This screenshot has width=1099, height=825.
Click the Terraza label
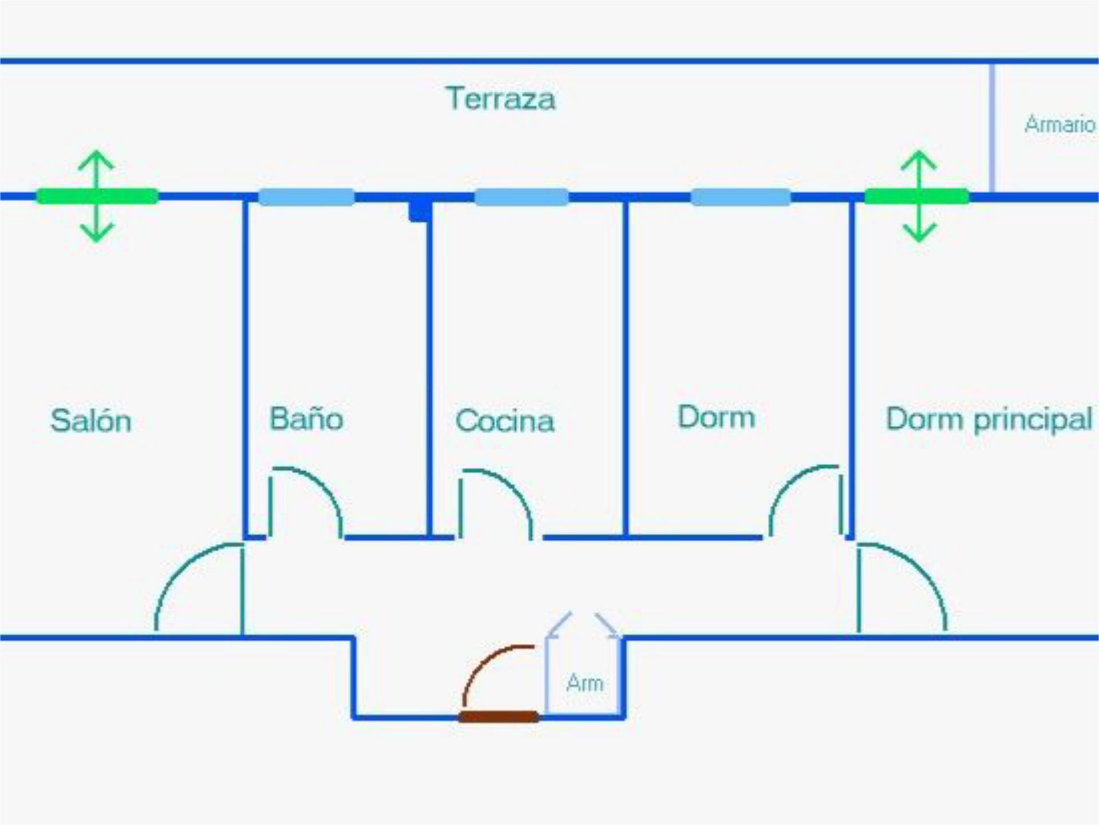point(500,99)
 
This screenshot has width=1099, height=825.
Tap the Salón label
point(91,421)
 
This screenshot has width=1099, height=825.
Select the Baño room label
point(306,419)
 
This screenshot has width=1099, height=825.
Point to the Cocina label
point(505,421)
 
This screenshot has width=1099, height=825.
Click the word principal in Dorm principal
point(1033,420)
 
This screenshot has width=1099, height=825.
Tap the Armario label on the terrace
point(1060,124)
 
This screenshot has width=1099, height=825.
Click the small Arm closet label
point(584,683)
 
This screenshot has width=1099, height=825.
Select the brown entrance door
point(499,717)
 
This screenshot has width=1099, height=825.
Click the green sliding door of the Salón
point(97,196)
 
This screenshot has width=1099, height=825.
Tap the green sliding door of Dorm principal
point(916,196)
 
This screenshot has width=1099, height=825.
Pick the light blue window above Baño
point(306,197)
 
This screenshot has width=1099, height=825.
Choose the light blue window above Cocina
point(521,197)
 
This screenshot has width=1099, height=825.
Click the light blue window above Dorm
point(741,197)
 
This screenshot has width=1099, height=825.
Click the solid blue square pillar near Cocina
point(420,210)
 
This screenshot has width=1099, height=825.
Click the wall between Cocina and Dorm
point(626,366)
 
